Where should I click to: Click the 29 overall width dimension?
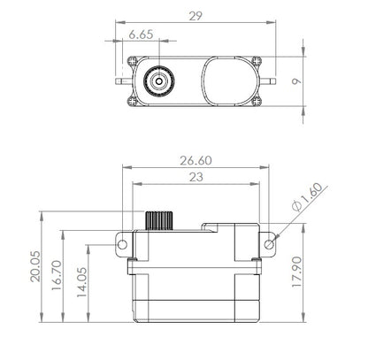coord(194,15)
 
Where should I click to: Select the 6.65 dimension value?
coord(142,34)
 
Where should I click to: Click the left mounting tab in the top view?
coord(122,80)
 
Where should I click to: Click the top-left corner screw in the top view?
coord(133,60)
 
